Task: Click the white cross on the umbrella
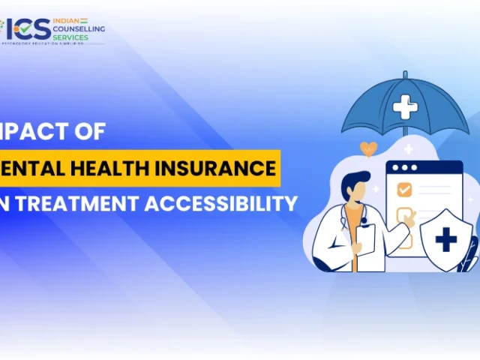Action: [x=405, y=107]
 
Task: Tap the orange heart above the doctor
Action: [x=368, y=148]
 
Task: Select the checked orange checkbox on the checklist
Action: [x=403, y=188]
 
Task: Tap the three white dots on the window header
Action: [x=405, y=167]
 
